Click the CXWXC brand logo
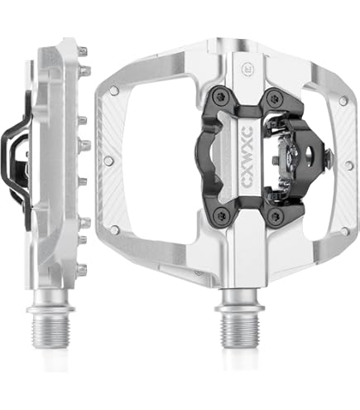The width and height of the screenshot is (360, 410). [247, 157]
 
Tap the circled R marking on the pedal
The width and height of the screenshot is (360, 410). [245, 68]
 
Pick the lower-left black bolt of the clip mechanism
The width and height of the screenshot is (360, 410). [221, 214]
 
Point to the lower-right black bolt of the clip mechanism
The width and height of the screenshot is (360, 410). [274, 214]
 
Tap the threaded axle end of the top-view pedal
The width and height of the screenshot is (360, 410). [238, 330]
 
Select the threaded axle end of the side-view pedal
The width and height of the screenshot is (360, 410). [51, 330]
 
